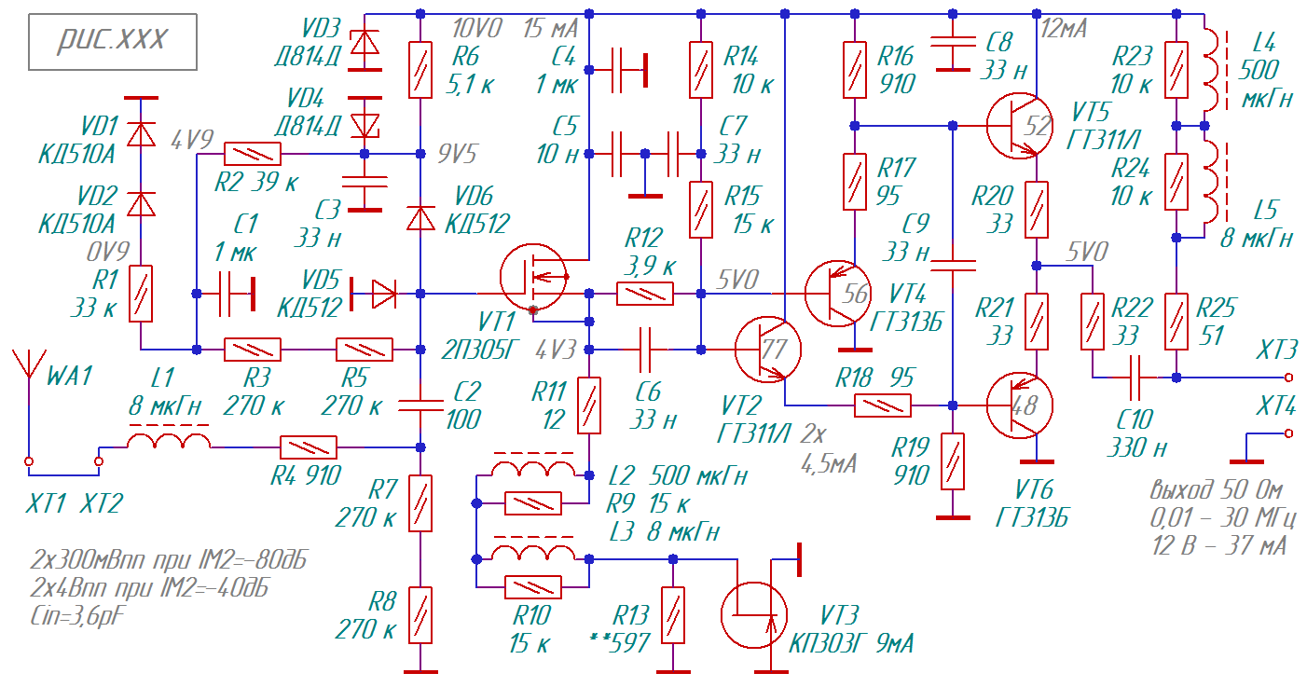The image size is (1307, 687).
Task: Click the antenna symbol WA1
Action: coord(29,373)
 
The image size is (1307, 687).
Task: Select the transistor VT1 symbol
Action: coord(533,278)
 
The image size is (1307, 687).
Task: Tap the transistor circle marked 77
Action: coord(768,350)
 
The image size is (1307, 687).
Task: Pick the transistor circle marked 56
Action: coord(838,294)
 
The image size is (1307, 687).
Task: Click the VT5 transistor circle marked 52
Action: coord(1020,126)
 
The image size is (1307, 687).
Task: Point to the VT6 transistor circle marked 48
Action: coord(1020,405)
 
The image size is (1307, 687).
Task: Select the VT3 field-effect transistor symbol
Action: coord(754,614)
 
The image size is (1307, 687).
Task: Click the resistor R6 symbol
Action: coord(420,70)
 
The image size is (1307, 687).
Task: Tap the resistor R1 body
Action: coord(141,294)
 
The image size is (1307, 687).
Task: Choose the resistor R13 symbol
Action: coord(673,615)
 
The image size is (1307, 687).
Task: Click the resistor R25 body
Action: coord(1176,322)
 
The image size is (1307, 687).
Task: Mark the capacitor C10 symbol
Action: coord(1135,378)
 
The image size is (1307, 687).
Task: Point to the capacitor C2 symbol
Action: coord(420,405)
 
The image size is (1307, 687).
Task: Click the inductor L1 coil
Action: coord(169,441)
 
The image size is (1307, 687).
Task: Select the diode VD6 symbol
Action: coord(420,218)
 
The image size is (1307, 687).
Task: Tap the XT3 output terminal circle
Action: coord(1288,378)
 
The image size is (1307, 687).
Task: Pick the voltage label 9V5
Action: coord(458,154)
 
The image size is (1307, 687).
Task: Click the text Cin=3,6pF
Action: coord(77,616)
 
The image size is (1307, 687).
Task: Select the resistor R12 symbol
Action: coord(645,294)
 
